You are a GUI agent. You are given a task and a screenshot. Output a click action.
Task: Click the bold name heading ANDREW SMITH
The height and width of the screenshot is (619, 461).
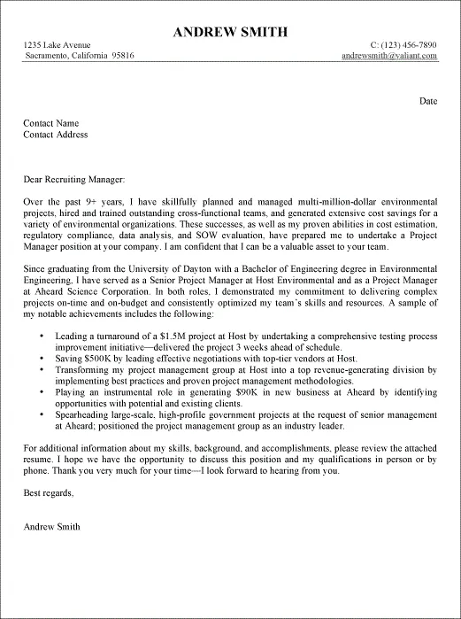230,32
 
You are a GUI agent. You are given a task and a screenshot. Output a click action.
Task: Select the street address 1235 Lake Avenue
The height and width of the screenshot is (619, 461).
57,44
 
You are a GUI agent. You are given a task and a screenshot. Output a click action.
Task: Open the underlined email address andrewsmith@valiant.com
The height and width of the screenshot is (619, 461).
389,55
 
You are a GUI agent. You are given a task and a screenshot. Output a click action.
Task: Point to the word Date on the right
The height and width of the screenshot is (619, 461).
428,101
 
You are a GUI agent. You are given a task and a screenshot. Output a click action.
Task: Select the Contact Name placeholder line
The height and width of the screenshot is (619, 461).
51,123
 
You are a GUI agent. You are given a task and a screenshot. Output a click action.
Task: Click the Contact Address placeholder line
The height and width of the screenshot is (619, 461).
56,135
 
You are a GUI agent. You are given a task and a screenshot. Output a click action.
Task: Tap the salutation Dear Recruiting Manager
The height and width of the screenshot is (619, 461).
81,179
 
